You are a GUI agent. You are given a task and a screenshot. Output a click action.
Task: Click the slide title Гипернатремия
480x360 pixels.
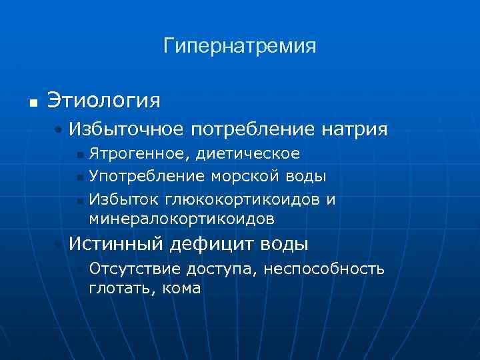click(239, 47)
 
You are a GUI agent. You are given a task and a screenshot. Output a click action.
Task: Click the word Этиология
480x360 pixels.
click(103, 101)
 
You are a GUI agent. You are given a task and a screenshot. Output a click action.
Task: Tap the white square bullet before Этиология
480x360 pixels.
click(31, 103)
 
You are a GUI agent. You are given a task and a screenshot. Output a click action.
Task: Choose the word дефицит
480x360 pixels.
click(208, 244)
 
